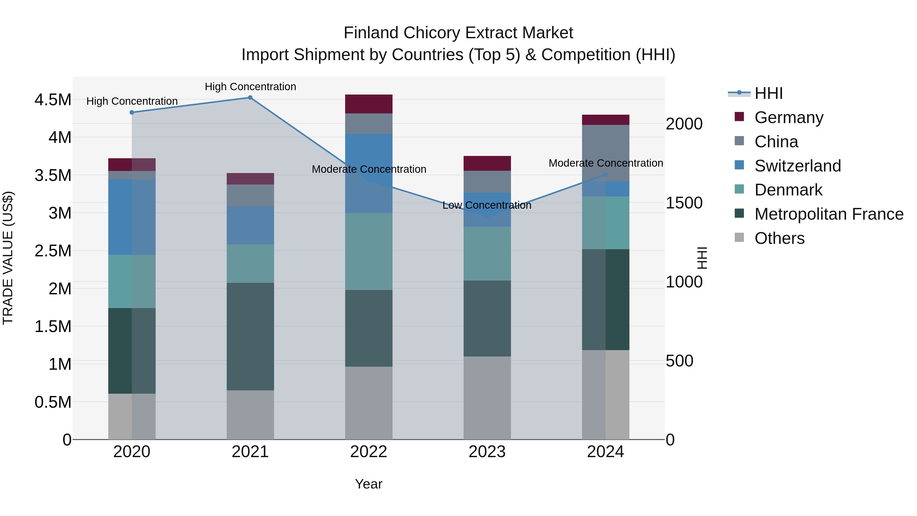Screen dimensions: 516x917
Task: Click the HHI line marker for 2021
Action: (x=250, y=98)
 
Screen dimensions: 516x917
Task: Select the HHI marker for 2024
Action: (x=605, y=175)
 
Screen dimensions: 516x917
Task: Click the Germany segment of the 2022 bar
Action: (x=369, y=104)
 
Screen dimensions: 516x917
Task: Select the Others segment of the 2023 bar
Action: (x=487, y=398)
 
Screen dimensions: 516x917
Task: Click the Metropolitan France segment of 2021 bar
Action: (x=250, y=337)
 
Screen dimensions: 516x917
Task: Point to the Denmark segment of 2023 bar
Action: (x=487, y=254)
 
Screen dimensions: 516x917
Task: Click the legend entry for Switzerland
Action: (x=797, y=166)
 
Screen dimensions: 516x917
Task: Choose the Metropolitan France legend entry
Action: (x=829, y=214)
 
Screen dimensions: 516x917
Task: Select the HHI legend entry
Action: (x=768, y=93)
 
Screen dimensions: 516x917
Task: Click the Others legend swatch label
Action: (x=779, y=238)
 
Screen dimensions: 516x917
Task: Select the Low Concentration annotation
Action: (x=487, y=205)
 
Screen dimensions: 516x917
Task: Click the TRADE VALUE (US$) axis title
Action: (x=8, y=258)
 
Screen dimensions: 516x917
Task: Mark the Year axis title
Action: (x=368, y=484)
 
